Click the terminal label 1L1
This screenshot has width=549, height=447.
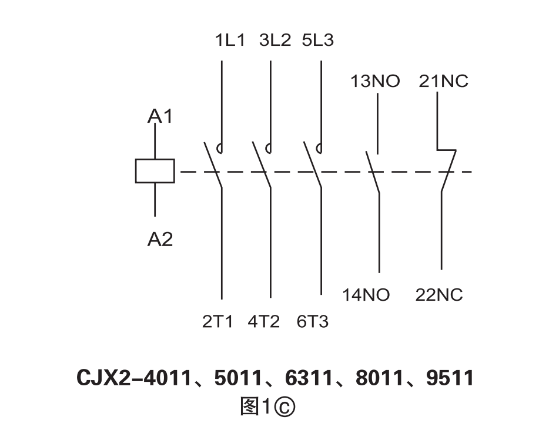(229, 41)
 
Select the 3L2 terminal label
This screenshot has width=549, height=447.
(275, 41)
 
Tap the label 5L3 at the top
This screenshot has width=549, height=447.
(317, 41)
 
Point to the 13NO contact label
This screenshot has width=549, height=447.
(375, 81)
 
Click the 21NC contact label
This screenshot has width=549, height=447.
(444, 81)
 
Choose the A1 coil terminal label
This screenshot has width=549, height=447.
(160, 116)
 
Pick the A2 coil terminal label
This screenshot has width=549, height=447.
(160, 239)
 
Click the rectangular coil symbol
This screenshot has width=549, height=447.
(155, 170)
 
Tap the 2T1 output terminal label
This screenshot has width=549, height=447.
(217, 322)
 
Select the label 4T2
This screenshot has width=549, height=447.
(264, 322)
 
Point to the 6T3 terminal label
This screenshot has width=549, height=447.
(312, 322)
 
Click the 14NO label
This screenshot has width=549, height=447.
(366, 294)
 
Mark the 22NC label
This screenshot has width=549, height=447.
(439, 294)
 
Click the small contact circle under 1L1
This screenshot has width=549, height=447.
(220, 148)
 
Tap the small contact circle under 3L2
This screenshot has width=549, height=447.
(269, 148)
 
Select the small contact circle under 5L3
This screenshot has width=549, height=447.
(319, 148)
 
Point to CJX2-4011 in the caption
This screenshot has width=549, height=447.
(135, 378)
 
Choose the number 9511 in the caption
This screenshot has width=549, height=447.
(450, 378)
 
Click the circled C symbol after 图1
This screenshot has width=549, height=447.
(285, 407)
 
